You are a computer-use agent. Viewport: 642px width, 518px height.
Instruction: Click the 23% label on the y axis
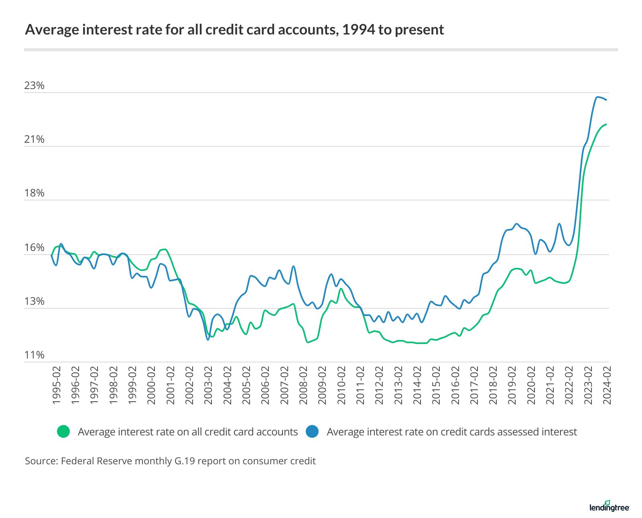coord(34,85)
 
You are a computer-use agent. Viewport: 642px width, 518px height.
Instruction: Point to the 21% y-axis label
coord(34,139)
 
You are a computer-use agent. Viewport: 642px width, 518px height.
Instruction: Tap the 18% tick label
coord(34,193)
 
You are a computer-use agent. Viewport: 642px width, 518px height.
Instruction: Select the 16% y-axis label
coord(34,247)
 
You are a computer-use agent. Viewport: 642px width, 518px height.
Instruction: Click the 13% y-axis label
coord(34,301)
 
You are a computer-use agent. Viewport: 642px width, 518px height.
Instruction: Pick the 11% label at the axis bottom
coord(34,355)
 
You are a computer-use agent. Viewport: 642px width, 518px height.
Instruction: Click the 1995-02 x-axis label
coord(57,385)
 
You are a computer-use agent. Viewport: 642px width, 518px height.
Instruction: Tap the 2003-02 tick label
coord(208,385)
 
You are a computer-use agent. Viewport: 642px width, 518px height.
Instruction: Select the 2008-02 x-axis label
coord(303,385)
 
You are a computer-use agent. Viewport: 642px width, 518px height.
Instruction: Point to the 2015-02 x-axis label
coord(436,385)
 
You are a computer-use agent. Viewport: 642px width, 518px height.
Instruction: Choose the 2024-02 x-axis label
coord(607,385)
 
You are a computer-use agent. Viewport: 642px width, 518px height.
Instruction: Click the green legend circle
coord(63,432)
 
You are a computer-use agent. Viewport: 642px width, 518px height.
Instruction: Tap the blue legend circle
coord(312,432)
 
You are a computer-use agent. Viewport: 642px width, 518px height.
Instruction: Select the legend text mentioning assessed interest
coord(451,432)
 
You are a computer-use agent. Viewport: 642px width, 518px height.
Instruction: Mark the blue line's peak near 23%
coord(597,97)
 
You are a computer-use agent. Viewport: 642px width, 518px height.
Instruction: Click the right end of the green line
coord(606,124)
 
